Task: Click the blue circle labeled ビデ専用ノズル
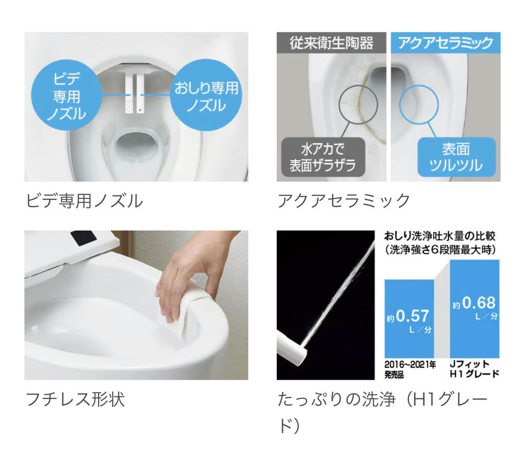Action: click(x=66, y=95)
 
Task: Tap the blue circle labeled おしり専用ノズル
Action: click(x=206, y=95)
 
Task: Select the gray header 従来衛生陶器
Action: click(x=331, y=43)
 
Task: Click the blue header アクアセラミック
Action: click(x=446, y=43)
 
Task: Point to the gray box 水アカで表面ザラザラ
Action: click(x=323, y=157)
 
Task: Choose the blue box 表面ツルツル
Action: click(x=456, y=157)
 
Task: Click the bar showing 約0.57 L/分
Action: click(x=409, y=319)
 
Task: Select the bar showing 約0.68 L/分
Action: click(x=475, y=309)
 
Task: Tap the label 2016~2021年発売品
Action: click(x=410, y=369)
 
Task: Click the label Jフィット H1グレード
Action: click(x=475, y=369)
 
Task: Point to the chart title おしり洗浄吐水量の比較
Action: click(x=439, y=236)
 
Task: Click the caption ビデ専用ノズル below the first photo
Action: click(x=85, y=201)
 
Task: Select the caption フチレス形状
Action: click(x=75, y=399)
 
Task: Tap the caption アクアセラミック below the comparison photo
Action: click(x=343, y=201)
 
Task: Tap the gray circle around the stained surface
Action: click(x=358, y=105)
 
